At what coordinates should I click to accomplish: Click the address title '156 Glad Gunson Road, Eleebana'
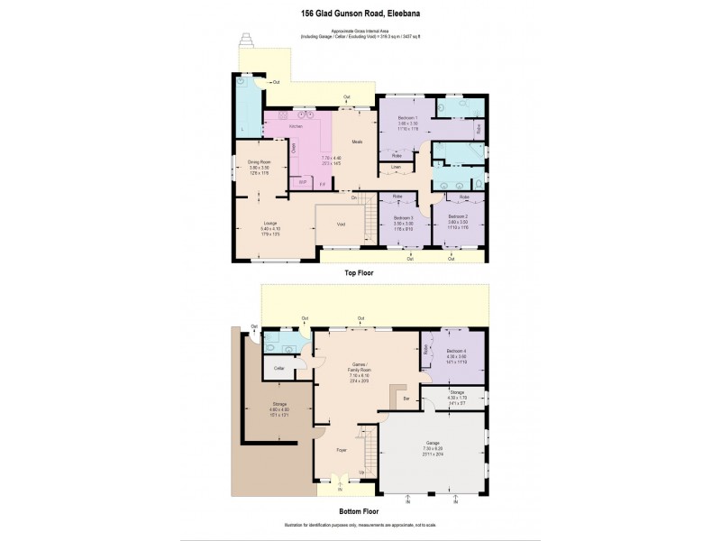coord(360,14)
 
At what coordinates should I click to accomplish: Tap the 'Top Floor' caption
coord(359,271)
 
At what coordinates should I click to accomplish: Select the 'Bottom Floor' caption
coord(359,511)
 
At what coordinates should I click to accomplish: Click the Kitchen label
coord(295,127)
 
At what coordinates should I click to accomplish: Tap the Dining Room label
coord(260,162)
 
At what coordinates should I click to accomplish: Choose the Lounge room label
coord(269,222)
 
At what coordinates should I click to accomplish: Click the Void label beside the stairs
coord(341,224)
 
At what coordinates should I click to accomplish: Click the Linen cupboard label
coord(396,167)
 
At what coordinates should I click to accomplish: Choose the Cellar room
coord(278,369)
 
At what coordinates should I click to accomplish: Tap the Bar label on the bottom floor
coord(406,398)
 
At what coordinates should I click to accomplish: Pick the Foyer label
coord(342,449)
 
